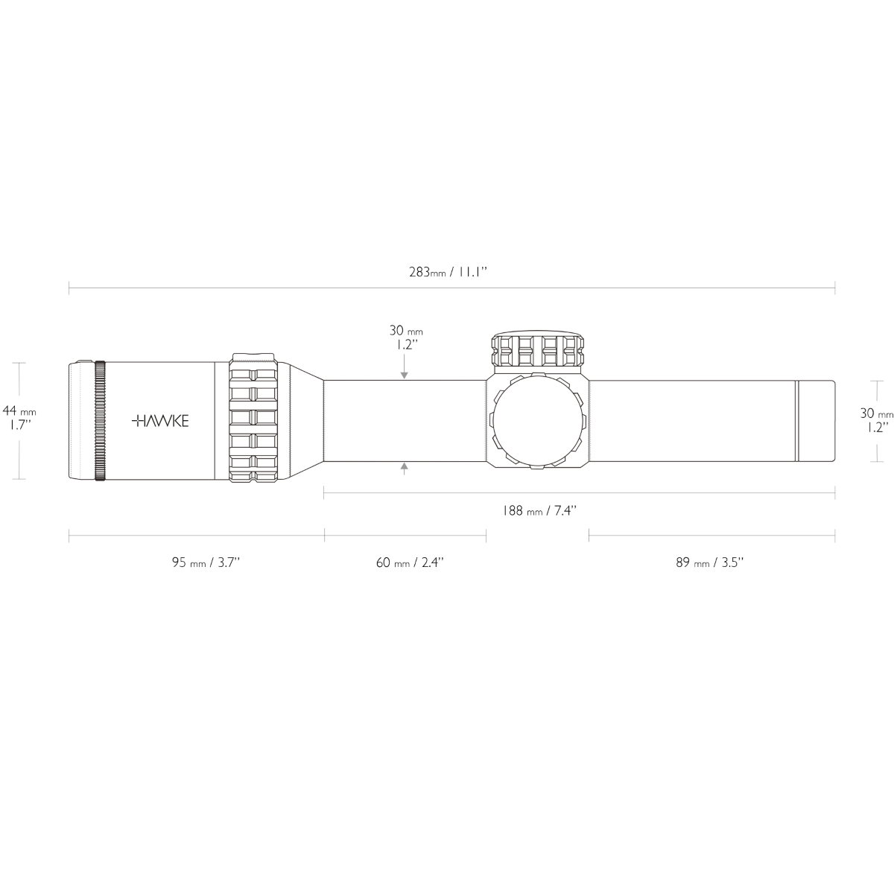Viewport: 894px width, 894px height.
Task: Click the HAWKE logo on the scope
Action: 160,421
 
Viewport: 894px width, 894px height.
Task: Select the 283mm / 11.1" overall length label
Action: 448,272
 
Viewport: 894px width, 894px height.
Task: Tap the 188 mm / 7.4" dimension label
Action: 539,511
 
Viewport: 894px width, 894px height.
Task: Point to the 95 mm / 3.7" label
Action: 206,562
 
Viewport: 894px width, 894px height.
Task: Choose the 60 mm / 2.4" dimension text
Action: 410,562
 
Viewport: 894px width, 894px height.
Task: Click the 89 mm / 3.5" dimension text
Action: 710,562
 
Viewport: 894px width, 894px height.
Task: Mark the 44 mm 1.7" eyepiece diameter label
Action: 19,417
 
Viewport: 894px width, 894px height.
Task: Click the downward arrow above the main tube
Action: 405,367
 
